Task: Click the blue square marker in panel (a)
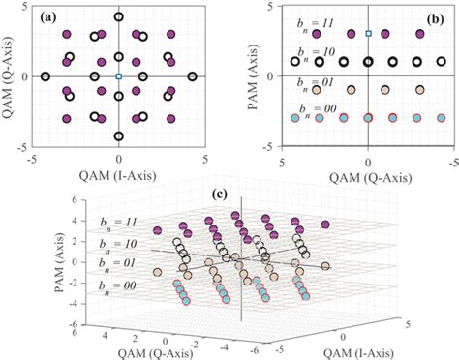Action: (x=118, y=76)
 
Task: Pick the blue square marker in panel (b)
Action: (x=368, y=34)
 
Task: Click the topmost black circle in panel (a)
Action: (x=118, y=16)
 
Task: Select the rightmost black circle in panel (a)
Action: (x=193, y=76)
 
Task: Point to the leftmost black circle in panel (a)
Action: (x=45, y=76)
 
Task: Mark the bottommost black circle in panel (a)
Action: (x=118, y=136)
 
